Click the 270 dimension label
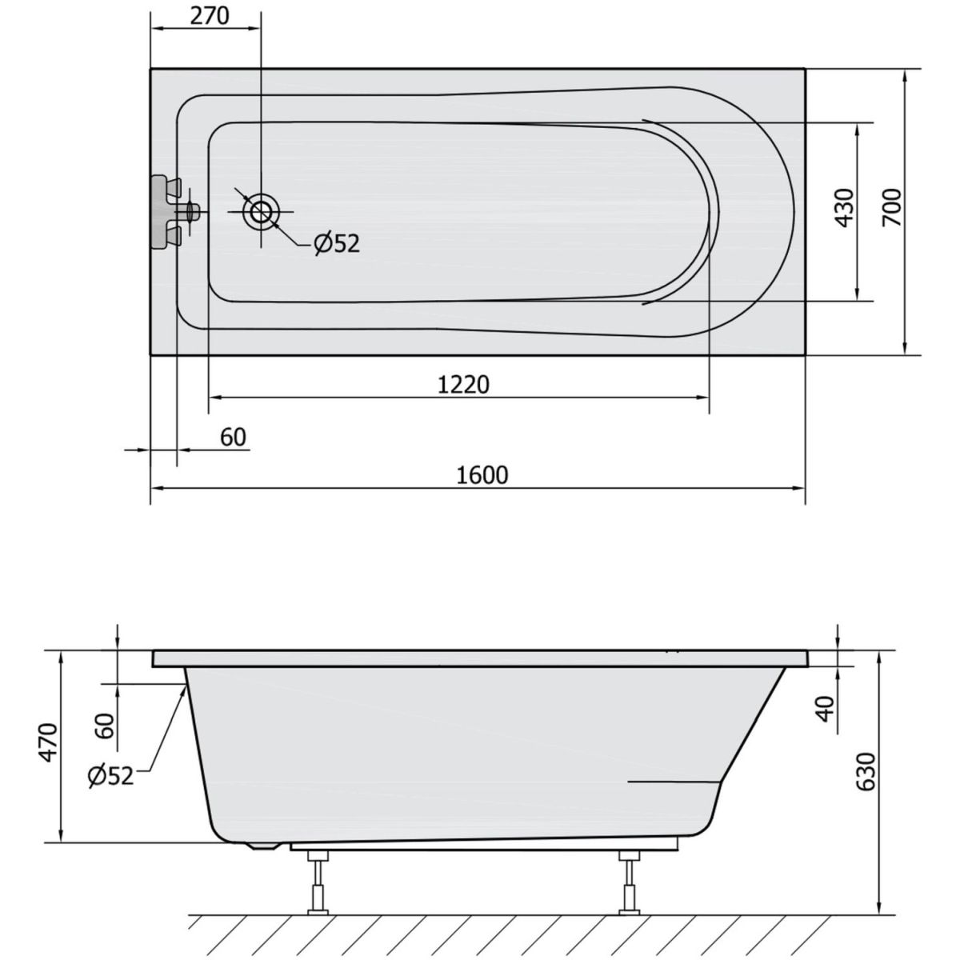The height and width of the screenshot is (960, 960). point(210,16)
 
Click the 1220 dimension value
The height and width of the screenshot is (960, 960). point(463,385)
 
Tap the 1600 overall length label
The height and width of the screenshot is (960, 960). point(482,475)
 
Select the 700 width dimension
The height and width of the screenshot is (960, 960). point(892,207)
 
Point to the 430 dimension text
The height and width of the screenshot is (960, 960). point(844,207)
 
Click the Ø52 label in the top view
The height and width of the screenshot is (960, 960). point(337,244)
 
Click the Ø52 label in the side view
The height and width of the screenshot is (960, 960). point(110,776)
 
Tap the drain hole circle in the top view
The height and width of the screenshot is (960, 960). point(260,212)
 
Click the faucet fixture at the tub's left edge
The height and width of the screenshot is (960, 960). point(175,211)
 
